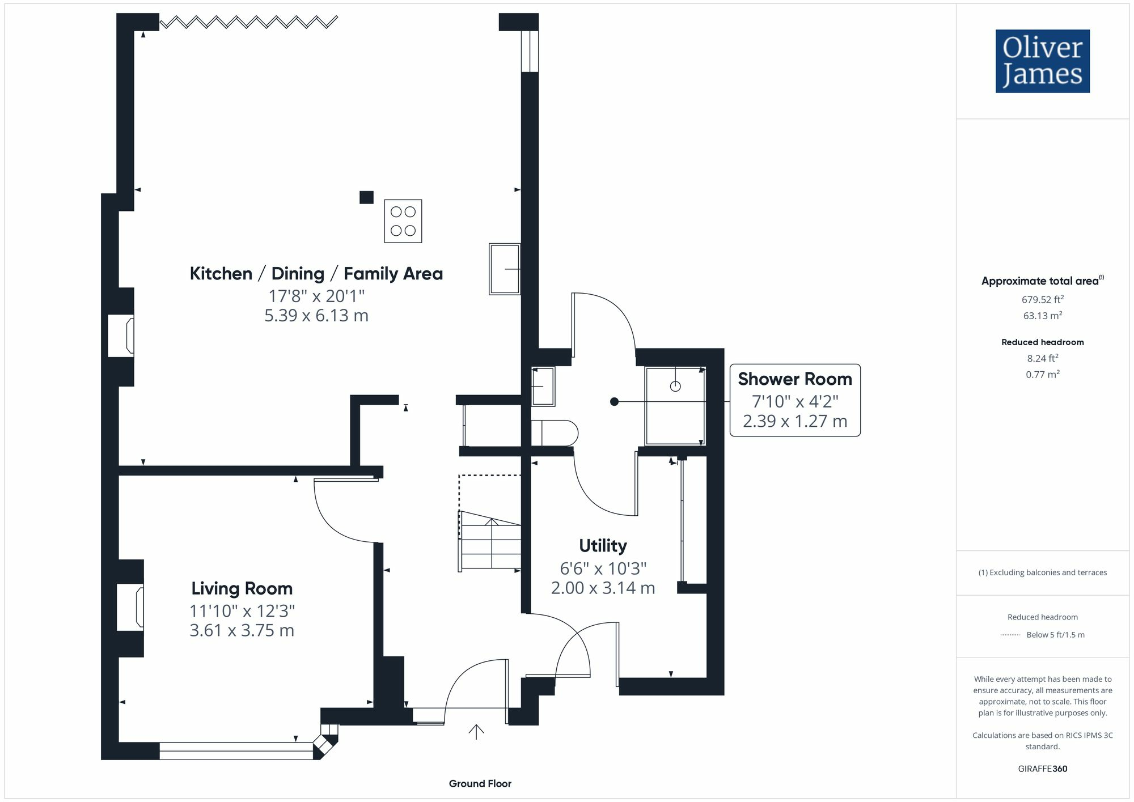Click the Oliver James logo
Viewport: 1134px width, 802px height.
(1043, 61)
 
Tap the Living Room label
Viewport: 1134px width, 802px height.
(242, 588)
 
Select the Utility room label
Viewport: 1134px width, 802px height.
(603, 546)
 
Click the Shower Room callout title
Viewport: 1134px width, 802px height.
(795, 379)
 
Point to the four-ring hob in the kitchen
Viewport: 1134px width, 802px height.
(403, 221)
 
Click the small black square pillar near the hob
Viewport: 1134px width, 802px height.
(367, 197)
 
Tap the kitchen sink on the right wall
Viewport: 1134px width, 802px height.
(505, 269)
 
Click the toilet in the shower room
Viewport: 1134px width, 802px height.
(554, 433)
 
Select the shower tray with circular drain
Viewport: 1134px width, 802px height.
(675, 405)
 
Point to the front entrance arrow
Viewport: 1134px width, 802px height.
(476, 732)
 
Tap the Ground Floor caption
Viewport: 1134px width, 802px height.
(480, 784)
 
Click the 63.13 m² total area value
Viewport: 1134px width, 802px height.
(1043, 316)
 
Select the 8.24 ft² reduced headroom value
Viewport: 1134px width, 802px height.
(1043, 358)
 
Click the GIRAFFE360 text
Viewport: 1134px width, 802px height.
(1043, 769)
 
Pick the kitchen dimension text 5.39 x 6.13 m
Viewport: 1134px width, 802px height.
(316, 315)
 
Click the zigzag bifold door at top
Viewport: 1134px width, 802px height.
(248, 22)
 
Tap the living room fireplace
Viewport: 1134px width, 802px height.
(130, 608)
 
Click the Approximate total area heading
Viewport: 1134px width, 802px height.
(1043, 281)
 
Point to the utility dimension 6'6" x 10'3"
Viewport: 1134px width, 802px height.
(603, 568)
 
